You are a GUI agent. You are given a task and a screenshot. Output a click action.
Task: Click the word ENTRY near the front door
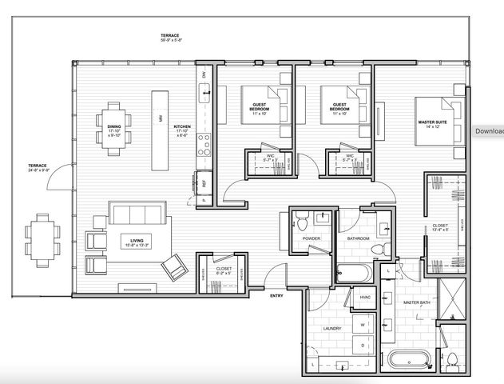(x=276, y=295)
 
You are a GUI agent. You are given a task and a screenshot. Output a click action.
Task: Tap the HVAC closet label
(x=366, y=298)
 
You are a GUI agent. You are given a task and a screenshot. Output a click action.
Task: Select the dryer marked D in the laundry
(x=363, y=345)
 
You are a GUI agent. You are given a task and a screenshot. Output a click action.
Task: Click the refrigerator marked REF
(x=204, y=183)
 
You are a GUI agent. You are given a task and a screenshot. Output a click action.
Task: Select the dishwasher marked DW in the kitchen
(x=204, y=74)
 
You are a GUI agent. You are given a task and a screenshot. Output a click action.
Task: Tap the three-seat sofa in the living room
(x=139, y=214)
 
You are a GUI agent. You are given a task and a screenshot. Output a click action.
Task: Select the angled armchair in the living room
(x=173, y=266)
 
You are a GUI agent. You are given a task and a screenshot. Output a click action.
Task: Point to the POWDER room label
(x=311, y=238)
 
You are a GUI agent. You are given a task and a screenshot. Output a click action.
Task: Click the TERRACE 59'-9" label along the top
(x=170, y=38)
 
